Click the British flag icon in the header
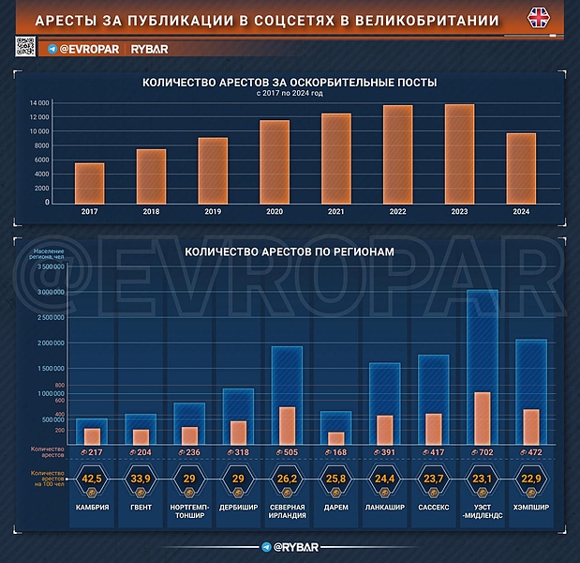point(541,19)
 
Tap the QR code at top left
point(25,46)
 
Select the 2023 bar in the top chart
point(459,154)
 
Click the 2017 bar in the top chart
point(90,183)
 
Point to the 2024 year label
point(521,212)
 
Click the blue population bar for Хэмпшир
point(531,375)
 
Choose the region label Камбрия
point(92,508)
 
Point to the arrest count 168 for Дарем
point(334,451)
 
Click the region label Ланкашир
point(384,508)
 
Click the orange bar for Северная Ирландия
point(287,424)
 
